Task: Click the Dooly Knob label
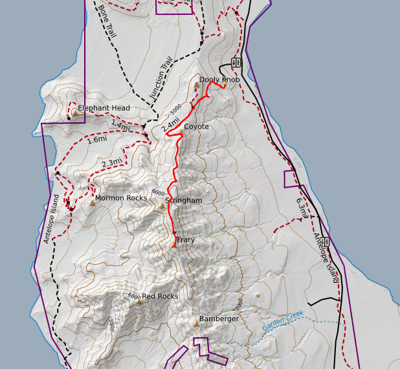219,80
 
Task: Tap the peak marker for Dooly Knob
197,85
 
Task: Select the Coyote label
196,127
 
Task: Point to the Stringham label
184,201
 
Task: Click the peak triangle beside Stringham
162,207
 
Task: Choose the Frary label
185,240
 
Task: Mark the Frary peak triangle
174,245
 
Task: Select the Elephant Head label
104,108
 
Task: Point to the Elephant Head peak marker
74,113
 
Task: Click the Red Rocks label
159,296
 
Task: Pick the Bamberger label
219,319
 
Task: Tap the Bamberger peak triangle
195,324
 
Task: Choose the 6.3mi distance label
301,199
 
